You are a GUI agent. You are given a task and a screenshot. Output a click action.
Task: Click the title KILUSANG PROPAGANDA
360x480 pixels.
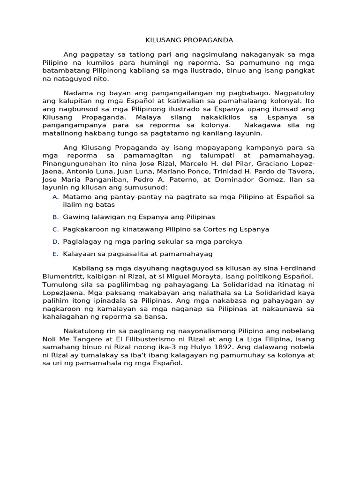180,40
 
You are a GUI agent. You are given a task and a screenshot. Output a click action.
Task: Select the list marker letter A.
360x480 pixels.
55,197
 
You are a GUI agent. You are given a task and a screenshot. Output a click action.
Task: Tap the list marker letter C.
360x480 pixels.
55,229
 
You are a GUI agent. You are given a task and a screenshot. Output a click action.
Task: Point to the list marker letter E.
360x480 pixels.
55,254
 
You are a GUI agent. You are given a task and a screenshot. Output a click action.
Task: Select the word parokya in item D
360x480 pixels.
227,241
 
